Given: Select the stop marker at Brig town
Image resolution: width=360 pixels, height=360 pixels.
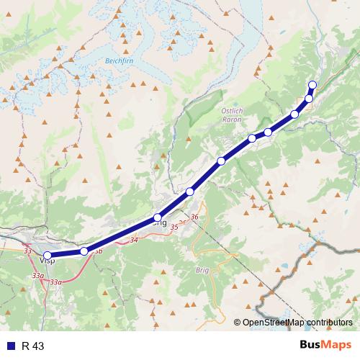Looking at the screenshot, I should point(157,217).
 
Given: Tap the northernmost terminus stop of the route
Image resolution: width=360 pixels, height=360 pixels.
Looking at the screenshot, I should point(312,85).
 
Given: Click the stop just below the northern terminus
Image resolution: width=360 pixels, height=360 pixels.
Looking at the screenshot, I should point(309,99).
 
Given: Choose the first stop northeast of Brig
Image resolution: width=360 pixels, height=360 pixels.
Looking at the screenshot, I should point(190,191).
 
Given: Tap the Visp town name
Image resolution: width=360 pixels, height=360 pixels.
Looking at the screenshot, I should point(49,263).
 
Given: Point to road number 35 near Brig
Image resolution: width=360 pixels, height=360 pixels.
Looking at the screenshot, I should point(174,228).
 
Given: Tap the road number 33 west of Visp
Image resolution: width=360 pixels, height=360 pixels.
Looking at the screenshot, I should point(27,251).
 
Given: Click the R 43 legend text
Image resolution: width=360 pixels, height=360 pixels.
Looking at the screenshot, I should point(33,346).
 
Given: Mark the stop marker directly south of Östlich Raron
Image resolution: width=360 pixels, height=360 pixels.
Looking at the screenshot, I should point(252,138).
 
